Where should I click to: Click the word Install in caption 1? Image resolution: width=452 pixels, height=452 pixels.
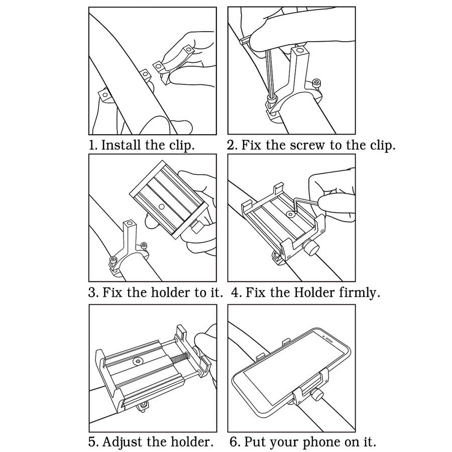121,145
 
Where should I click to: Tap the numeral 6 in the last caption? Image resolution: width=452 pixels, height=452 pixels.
233,441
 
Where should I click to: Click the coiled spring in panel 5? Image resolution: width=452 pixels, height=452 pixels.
179,358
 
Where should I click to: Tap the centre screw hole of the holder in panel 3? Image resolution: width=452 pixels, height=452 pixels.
162,206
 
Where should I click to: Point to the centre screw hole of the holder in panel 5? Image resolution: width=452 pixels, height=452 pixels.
139,361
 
